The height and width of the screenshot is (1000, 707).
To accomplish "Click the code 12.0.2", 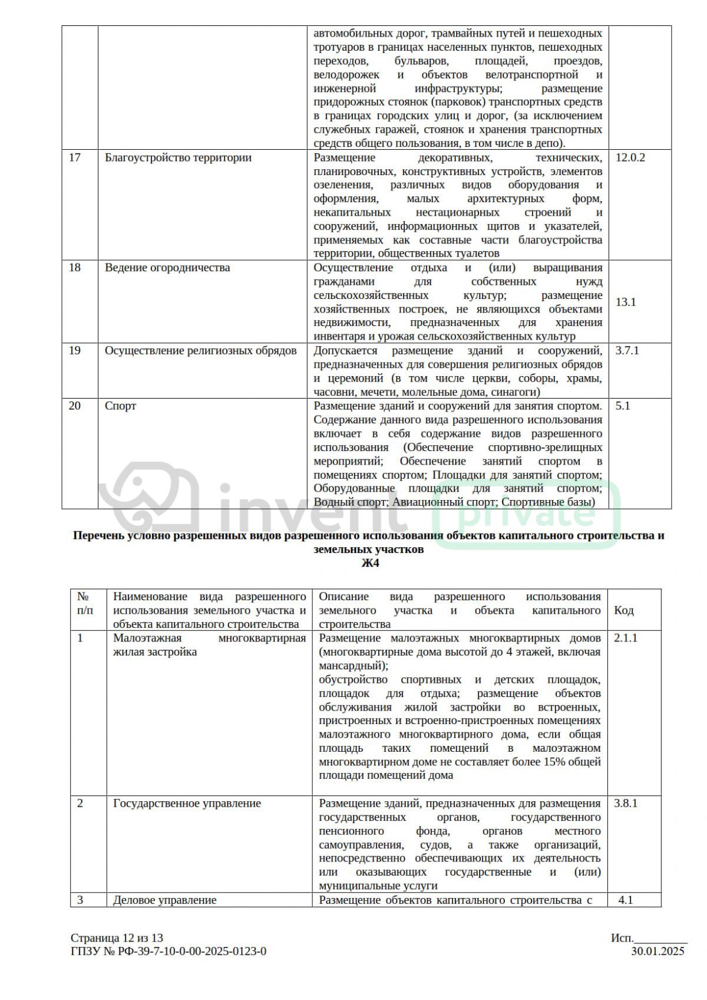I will pyautogui.click(x=630, y=157).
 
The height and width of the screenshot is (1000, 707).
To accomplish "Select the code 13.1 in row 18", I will pyautogui.click(x=625, y=302).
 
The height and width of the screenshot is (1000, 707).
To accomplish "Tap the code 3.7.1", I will pyautogui.click(x=627, y=351).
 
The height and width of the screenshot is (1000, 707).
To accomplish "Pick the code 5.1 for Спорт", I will pyautogui.click(x=623, y=406).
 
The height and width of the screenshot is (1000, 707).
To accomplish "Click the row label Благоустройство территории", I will pyautogui.click(x=178, y=157).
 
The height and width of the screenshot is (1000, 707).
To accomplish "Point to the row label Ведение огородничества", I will pyautogui.click(x=167, y=268).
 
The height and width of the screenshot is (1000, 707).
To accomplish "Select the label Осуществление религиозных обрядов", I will pyautogui.click(x=200, y=351).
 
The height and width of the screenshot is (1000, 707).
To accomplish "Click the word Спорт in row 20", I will pyautogui.click(x=120, y=406).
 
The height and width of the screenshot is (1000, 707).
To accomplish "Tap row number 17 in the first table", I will pyautogui.click(x=75, y=157).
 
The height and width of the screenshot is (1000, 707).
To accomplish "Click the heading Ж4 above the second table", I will pyautogui.click(x=370, y=563).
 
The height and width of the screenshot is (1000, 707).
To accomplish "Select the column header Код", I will pyautogui.click(x=624, y=610).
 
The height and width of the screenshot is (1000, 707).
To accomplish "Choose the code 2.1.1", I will pyautogui.click(x=626, y=638).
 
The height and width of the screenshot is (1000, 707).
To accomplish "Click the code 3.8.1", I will pyautogui.click(x=626, y=803).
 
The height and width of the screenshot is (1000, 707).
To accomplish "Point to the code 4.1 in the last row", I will pyautogui.click(x=626, y=900).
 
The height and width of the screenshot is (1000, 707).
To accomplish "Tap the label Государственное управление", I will pyautogui.click(x=187, y=803).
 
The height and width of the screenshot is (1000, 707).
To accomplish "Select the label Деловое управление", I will pyautogui.click(x=164, y=900).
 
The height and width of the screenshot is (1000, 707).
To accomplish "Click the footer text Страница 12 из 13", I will pyautogui.click(x=117, y=938).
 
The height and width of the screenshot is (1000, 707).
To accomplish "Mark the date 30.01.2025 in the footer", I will pyautogui.click(x=658, y=951).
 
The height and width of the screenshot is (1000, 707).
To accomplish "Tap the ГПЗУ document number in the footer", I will pyautogui.click(x=169, y=951).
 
